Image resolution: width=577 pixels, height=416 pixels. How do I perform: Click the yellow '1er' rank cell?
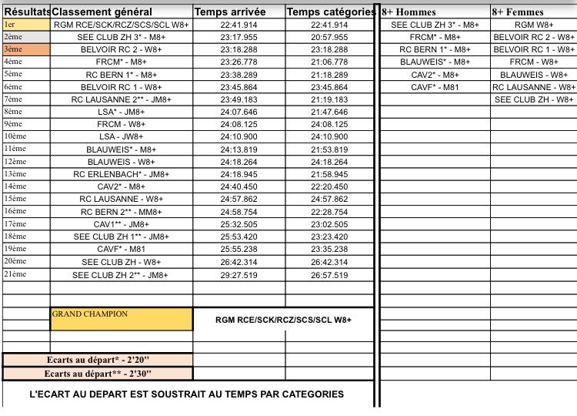tap(26, 25)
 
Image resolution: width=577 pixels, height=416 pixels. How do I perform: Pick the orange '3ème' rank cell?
tap(26, 49)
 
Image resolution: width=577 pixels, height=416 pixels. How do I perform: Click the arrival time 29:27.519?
tap(238, 275)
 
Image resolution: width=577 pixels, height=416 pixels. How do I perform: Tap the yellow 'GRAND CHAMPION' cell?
tap(121, 319)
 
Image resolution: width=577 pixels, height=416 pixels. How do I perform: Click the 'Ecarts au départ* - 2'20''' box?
tap(98, 361)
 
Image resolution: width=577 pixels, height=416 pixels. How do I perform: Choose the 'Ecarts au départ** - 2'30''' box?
tap(98, 374)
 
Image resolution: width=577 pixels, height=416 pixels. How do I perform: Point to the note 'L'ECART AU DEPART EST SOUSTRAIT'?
tap(186, 394)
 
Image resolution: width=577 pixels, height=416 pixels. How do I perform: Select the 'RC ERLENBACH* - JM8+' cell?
tap(122, 174)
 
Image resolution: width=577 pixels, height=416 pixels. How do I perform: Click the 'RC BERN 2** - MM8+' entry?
tap(122, 212)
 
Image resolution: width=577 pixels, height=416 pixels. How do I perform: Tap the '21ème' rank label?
tap(15, 274)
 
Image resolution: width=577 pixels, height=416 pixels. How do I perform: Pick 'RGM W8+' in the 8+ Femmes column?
tap(534, 25)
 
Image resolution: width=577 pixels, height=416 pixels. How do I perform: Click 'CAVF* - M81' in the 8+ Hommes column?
tap(435, 87)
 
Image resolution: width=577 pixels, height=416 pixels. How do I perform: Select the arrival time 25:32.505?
tap(238, 224)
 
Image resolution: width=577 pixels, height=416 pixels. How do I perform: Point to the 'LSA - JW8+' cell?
tap(122, 136)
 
